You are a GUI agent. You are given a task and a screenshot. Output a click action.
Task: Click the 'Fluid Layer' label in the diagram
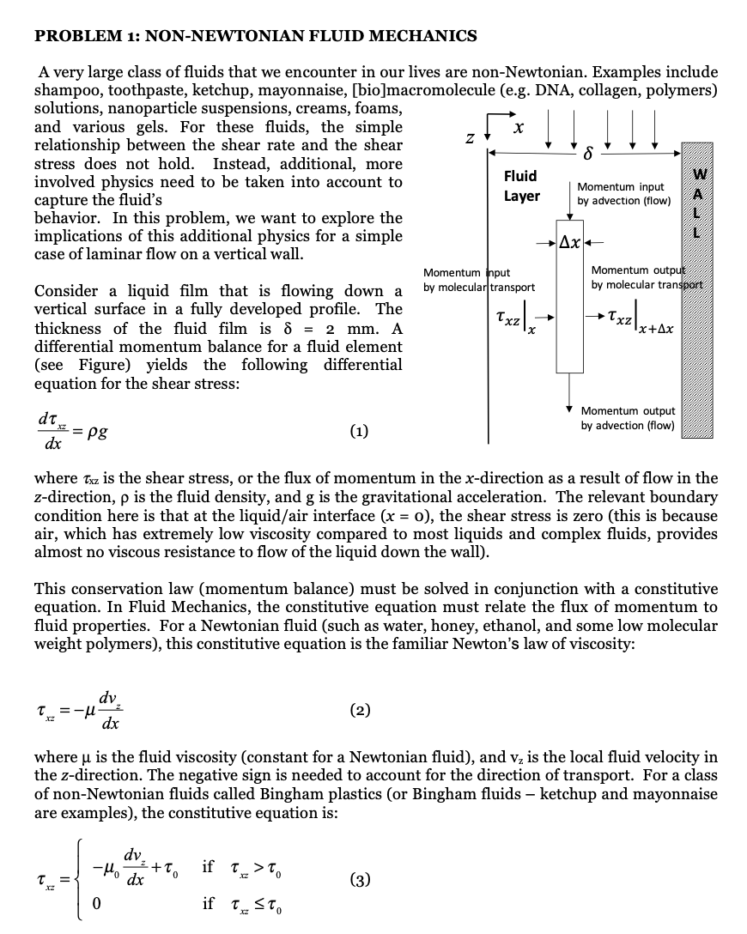tap(521, 186)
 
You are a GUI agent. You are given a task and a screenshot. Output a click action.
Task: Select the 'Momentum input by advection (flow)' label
tap(620, 193)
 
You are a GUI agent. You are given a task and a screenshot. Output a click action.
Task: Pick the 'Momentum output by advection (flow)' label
tap(628, 418)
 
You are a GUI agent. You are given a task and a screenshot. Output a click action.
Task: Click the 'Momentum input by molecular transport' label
tap(479, 279)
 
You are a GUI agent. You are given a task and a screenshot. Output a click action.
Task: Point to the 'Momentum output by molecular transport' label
tap(646, 277)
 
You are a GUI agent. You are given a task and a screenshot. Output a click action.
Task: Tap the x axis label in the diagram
tap(517, 126)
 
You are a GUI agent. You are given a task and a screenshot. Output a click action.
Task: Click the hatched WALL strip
tap(697, 292)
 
